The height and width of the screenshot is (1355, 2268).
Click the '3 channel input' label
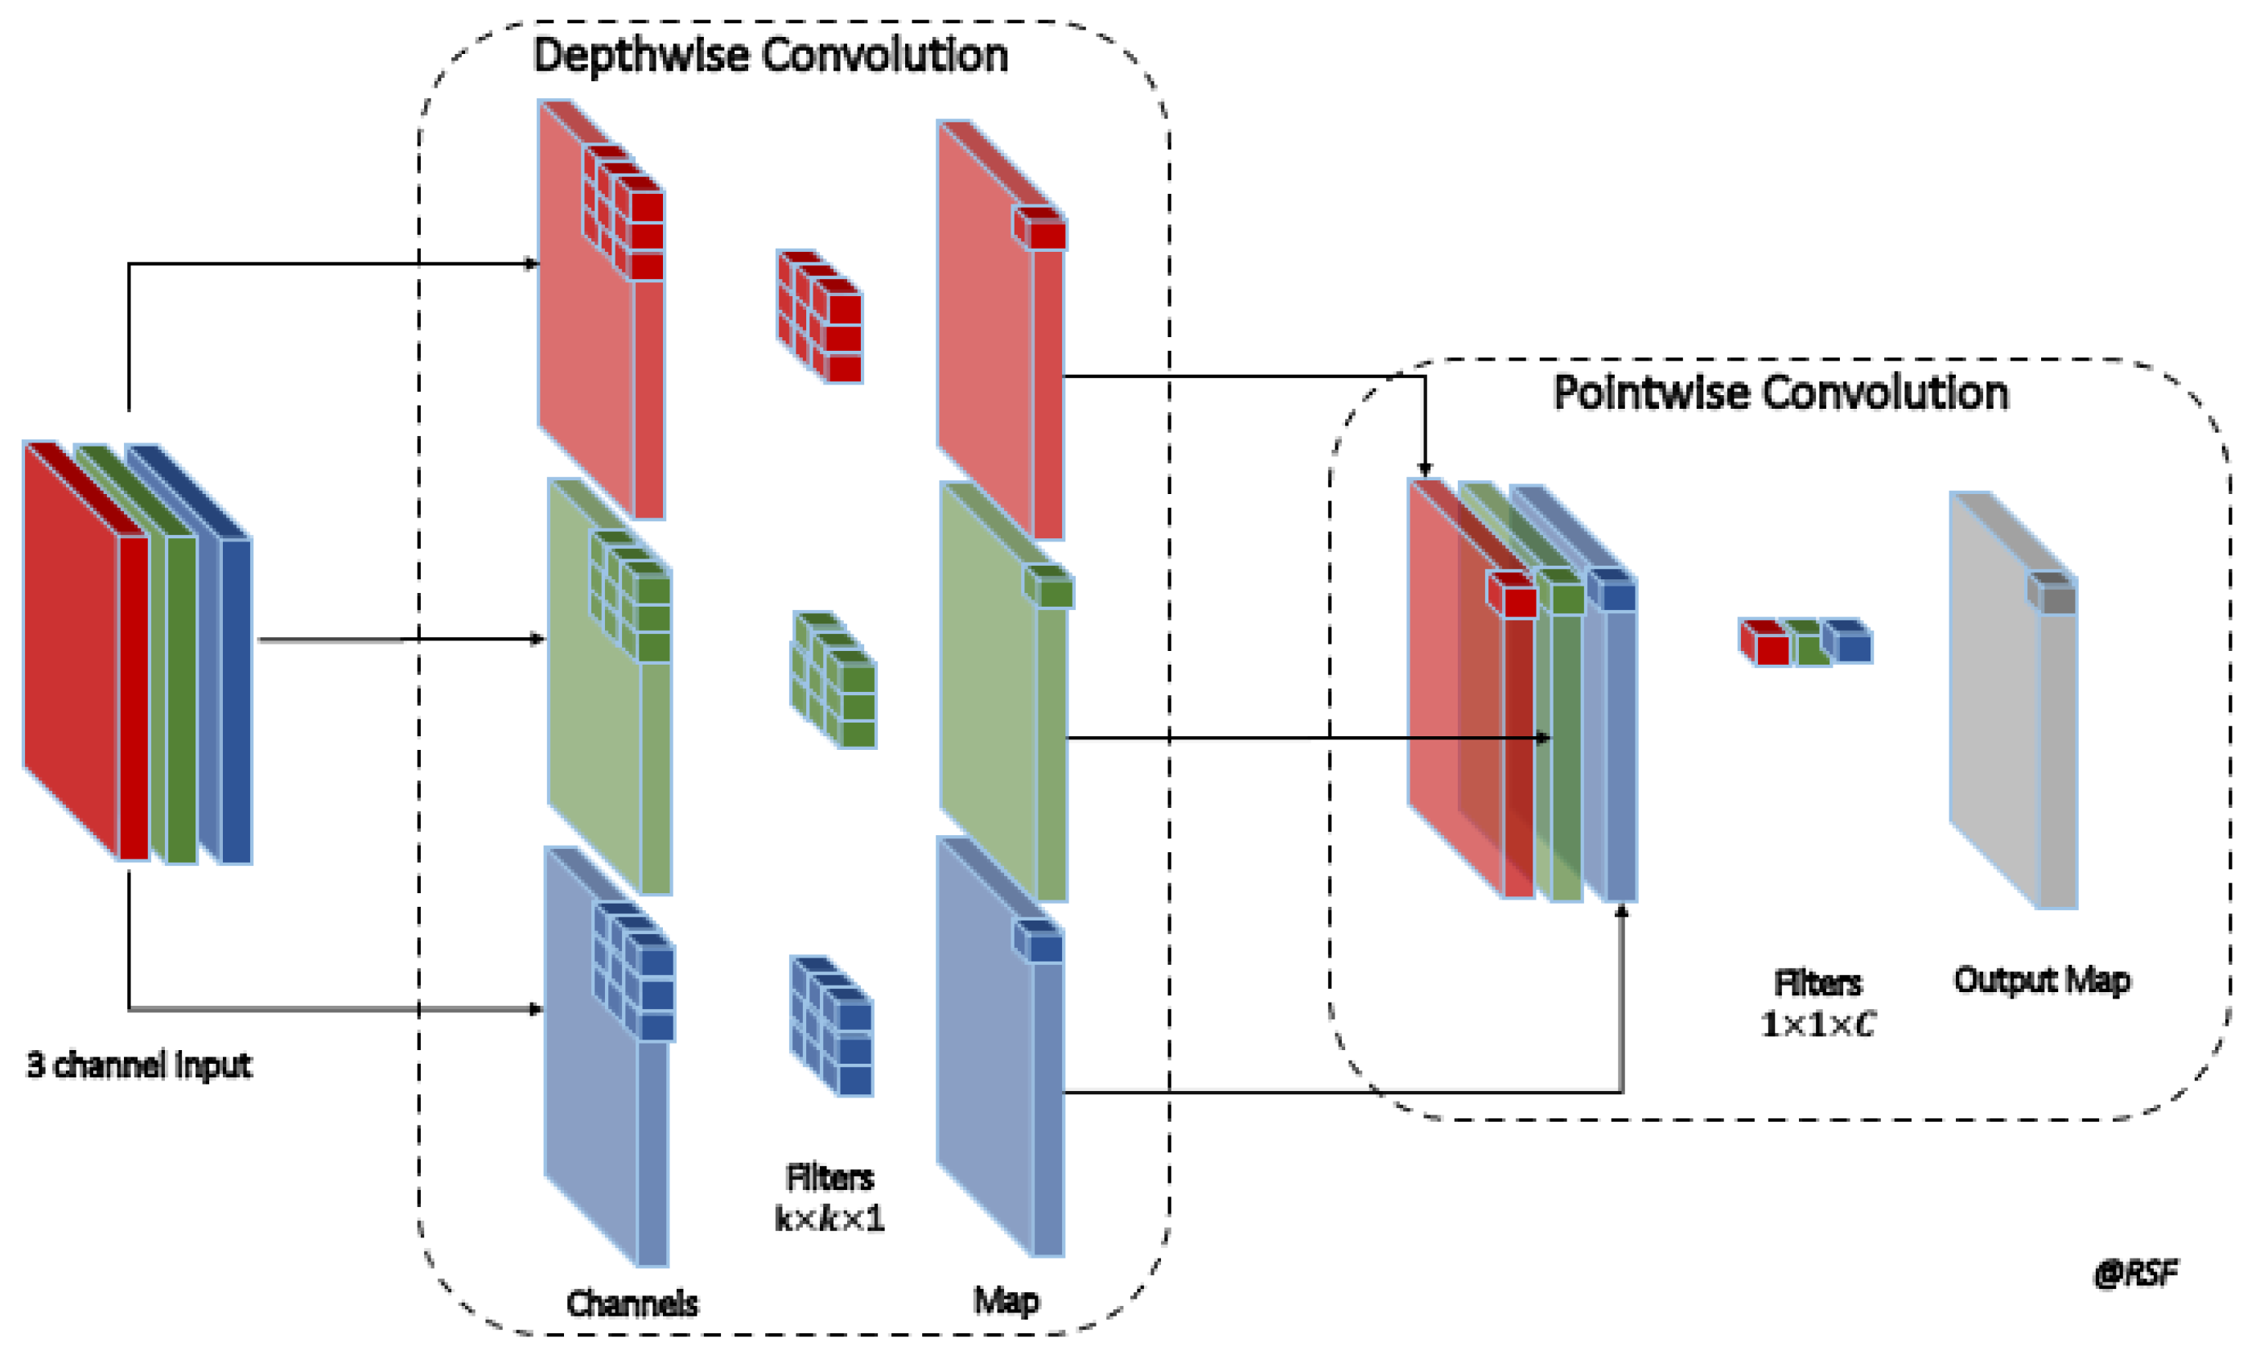coord(138,1065)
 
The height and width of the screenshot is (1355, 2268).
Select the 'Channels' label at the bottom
coord(632,1303)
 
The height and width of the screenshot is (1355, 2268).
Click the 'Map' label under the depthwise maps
coord(1005,1300)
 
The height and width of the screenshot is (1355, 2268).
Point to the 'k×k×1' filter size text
coord(829,1219)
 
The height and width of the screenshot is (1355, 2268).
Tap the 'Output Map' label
coord(2041,980)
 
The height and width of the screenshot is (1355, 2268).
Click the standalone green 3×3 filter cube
coord(834,679)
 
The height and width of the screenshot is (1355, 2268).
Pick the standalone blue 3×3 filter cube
coord(831,1025)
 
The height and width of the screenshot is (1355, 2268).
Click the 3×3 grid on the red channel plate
coord(624,212)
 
